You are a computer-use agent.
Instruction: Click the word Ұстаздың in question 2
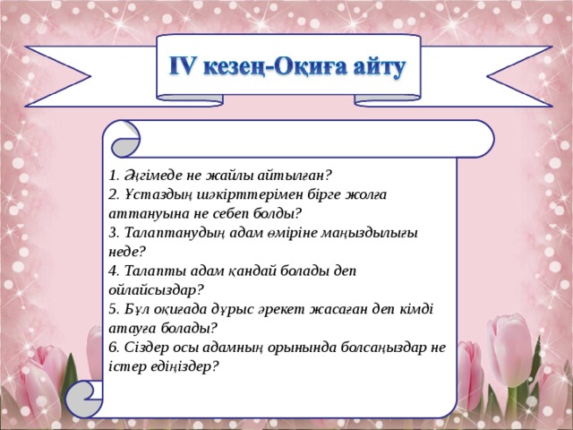coord(151,194)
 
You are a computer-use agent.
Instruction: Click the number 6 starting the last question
coord(110,347)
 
